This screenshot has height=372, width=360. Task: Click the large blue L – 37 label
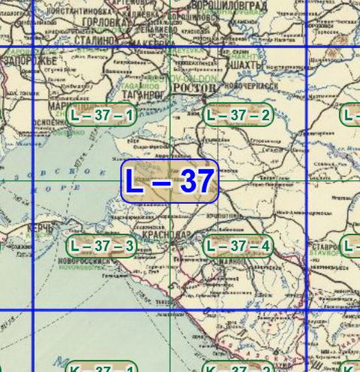pyautogui.click(x=169, y=181)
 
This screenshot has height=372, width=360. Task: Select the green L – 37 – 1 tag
pyautogui.click(x=102, y=115)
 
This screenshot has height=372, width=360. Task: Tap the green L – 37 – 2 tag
pyautogui.click(x=237, y=115)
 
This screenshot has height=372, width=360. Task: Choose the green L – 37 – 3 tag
pyautogui.click(x=102, y=245)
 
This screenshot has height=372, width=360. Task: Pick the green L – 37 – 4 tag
pyautogui.click(x=237, y=245)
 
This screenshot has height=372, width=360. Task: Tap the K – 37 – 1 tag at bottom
pyautogui.click(x=102, y=369)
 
